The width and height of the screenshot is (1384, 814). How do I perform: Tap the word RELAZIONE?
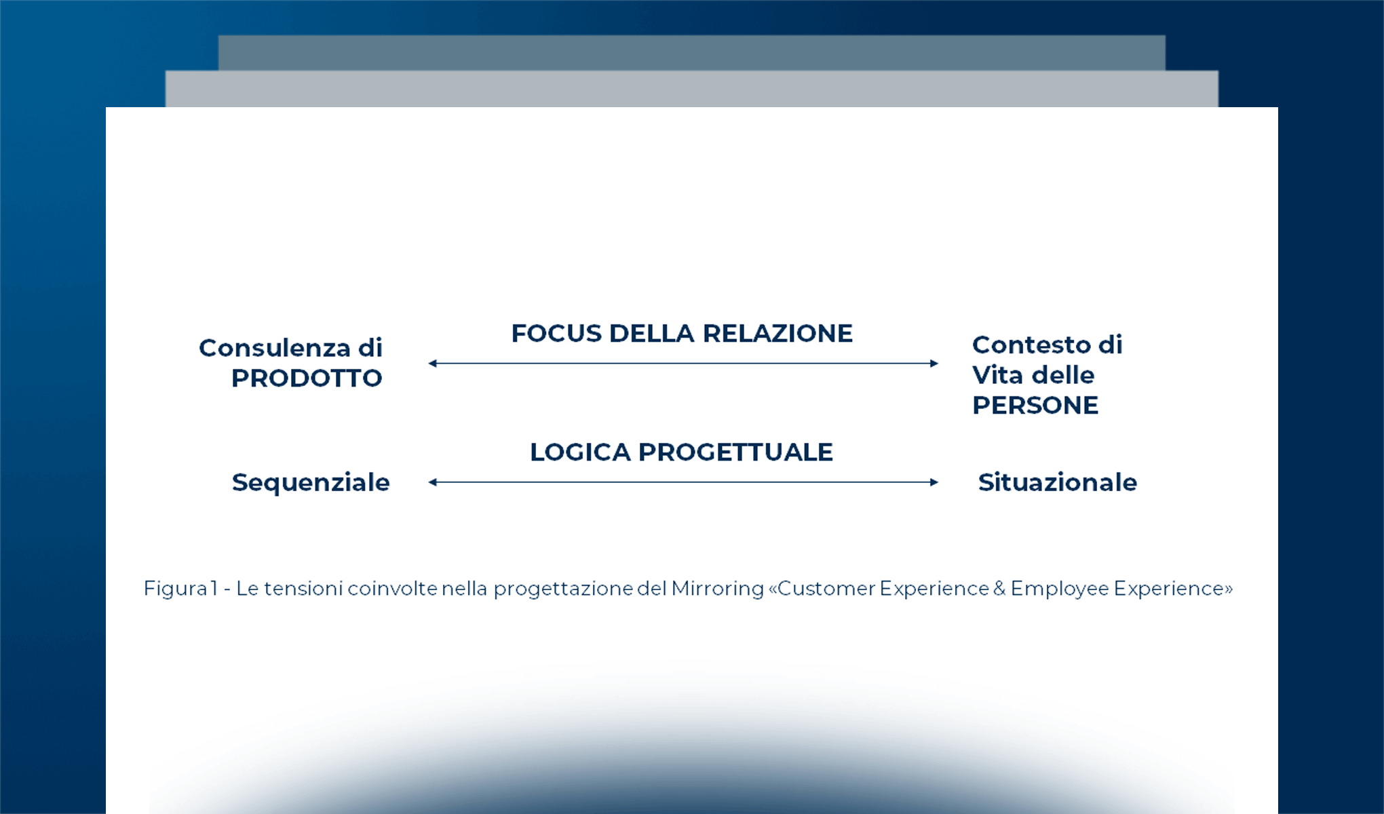coord(777,334)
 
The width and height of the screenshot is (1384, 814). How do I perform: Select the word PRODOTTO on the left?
coord(307,379)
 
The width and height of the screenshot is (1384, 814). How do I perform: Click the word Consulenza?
coord(274,348)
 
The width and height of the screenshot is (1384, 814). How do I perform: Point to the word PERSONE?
coord(1035,406)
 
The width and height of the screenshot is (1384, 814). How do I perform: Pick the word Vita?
coord(997,375)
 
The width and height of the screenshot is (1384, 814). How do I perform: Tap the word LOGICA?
coord(580,452)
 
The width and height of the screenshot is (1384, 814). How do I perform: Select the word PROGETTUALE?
coord(735,452)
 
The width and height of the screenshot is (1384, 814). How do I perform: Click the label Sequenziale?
coord(311,483)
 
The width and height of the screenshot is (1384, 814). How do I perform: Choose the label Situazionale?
coord(1057,483)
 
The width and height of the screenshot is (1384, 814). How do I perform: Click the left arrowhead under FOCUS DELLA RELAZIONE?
coord(432,364)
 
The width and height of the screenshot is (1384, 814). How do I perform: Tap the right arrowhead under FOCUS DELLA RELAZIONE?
coord(934,364)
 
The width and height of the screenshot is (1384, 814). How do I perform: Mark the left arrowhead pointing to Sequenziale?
coord(432,482)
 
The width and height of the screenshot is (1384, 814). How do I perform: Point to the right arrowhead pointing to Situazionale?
coord(934,482)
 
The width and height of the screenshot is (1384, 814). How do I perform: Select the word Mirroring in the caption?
coord(717,589)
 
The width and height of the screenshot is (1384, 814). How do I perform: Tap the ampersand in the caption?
coord(999,589)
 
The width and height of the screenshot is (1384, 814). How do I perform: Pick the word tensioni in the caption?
coord(303,589)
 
